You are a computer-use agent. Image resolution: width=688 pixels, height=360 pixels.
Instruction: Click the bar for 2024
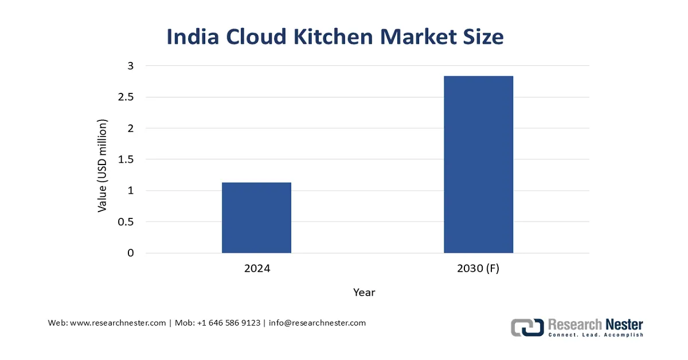[256, 218]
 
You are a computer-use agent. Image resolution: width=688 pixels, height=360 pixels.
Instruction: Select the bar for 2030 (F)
[478, 165]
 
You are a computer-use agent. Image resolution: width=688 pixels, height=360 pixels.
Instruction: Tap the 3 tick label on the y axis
[130, 66]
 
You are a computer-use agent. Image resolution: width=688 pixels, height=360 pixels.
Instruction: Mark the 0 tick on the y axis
[130, 253]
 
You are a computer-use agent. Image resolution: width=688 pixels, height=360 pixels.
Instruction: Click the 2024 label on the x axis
[256, 268]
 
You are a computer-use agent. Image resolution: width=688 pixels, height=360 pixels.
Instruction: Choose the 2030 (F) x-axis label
[478, 268]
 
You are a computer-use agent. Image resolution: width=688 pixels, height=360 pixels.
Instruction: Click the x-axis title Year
[364, 292]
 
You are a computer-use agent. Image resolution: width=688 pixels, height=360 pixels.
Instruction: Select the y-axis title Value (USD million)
[102, 166]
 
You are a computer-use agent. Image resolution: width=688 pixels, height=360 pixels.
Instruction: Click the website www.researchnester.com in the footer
[118, 323]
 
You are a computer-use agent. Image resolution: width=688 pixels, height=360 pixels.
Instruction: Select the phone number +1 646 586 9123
[228, 323]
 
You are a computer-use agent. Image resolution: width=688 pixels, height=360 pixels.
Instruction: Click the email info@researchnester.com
[317, 323]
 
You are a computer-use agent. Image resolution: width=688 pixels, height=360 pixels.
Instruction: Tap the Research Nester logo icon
[527, 327]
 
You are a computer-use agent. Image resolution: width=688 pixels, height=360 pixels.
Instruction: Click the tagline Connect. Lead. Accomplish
[596, 335]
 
